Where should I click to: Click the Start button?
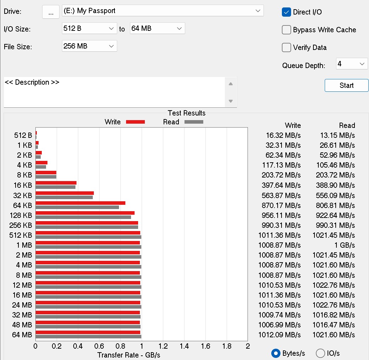pyautogui.click(x=346, y=85)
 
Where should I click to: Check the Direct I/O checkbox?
pyautogui.click(x=286, y=12)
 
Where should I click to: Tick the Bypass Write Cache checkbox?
pyautogui.click(x=286, y=30)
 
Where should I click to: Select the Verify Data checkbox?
pyautogui.click(x=286, y=47)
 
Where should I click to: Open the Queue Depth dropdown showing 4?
pyautogui.click(x=352, y=64)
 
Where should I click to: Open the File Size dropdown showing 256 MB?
pyautogui.click(x=89, y=46)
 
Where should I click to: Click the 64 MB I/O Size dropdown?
pyautogui.click(x=157, y=28)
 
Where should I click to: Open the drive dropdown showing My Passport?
pyautogui.click(x=163, y=11)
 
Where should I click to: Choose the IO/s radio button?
pyautogui.click(x=320, y=353)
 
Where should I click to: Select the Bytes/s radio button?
pyautogui.click(x=276, y=353)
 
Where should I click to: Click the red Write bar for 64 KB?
pyautogui.click(x=80, y=203)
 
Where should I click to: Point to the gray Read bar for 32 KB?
pyautogui.click(x=64, y=197)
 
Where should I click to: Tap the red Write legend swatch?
pyautogui.click(x=136, y=122)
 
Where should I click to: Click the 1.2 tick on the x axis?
pyautogui.click(x=163, y=346)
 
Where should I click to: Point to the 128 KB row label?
pyautogui.click(x=21, y=215)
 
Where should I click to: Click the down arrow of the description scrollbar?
pyautogui.click(x=231, y=101)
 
